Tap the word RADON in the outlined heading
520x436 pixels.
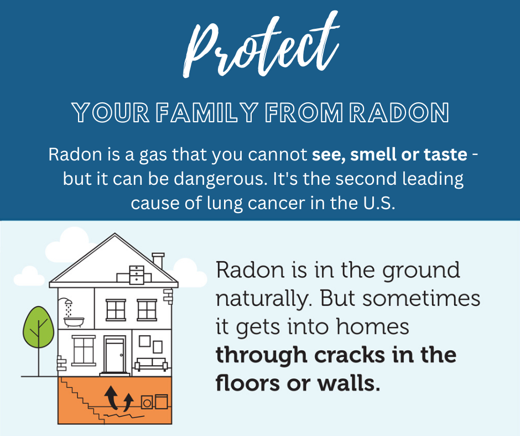click(x=399, y=112)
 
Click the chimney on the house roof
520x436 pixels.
click(x=158, y=261)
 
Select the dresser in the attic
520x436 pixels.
click(x=137, y=275)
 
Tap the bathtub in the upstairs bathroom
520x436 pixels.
click(x=74, y=322)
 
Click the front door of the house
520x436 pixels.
click(x=115, y=355)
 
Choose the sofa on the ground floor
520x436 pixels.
click(x=151, y=364)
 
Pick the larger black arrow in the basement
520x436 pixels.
click(x=111, y=397)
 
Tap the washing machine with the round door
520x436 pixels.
click(x=147, y=402)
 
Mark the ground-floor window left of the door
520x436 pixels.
click(x=84, y=351)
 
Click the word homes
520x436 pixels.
click(x=372, y=326)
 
